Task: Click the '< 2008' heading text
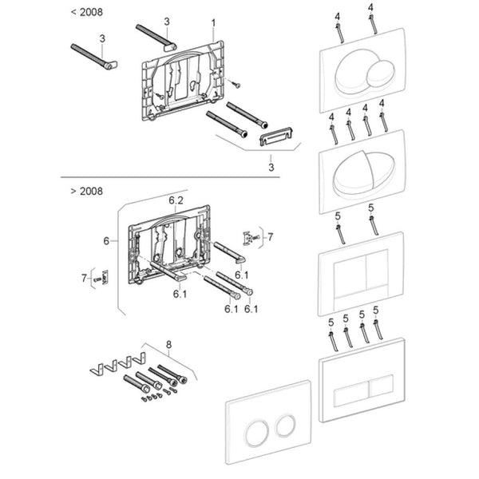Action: click(87, 12)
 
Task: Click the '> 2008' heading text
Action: click(87, 192)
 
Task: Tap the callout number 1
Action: click(213, 23)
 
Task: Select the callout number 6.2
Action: click(176, 200)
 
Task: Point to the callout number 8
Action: click(168, 345)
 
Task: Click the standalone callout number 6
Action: click(106, 241)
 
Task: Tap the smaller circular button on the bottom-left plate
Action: click(285, 425)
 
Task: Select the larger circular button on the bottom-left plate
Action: click(256, 432)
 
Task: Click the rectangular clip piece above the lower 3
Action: click(276, 136)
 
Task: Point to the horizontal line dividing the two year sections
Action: click(170, 177)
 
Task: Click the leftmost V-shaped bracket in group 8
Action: click(97, 370)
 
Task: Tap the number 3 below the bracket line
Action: click(271, 167)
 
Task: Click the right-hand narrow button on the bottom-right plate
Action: click(382, 386)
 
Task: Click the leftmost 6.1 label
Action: click(180, 294)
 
